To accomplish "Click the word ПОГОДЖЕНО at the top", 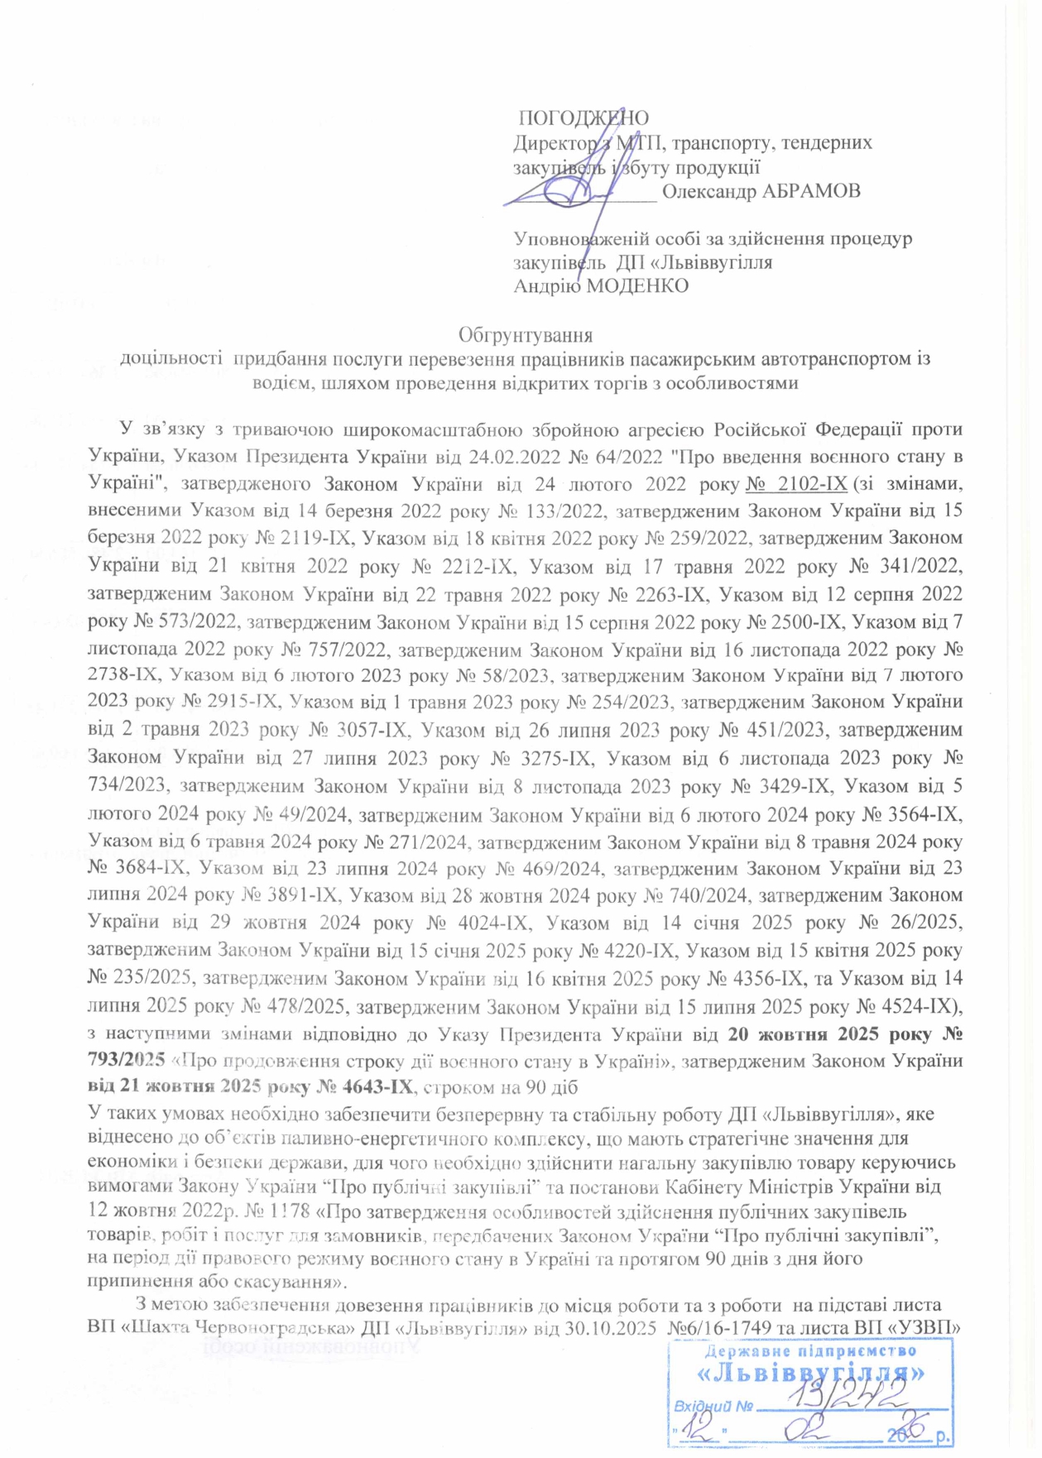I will pos(583,118).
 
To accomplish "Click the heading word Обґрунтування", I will pos(526,335).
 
